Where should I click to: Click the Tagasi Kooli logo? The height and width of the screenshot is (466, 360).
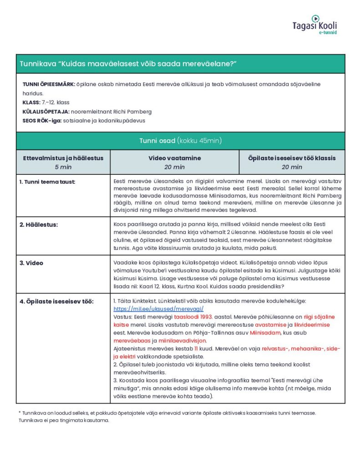(x=314, y=25)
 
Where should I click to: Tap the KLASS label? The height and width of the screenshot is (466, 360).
(x=31, y=102)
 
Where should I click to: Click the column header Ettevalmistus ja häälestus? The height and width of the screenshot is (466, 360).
(x=63, y=158)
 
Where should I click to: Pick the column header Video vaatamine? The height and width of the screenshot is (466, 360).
(x=174, y=158)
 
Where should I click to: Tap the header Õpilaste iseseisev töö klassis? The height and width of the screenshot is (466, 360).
(x=292, y=158)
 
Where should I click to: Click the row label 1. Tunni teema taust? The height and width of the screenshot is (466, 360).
(x=47, y=182)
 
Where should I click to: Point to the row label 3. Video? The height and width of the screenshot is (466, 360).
(x=31, y=263)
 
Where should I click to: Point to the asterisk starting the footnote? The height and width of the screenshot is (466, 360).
(x=20, y=412)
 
